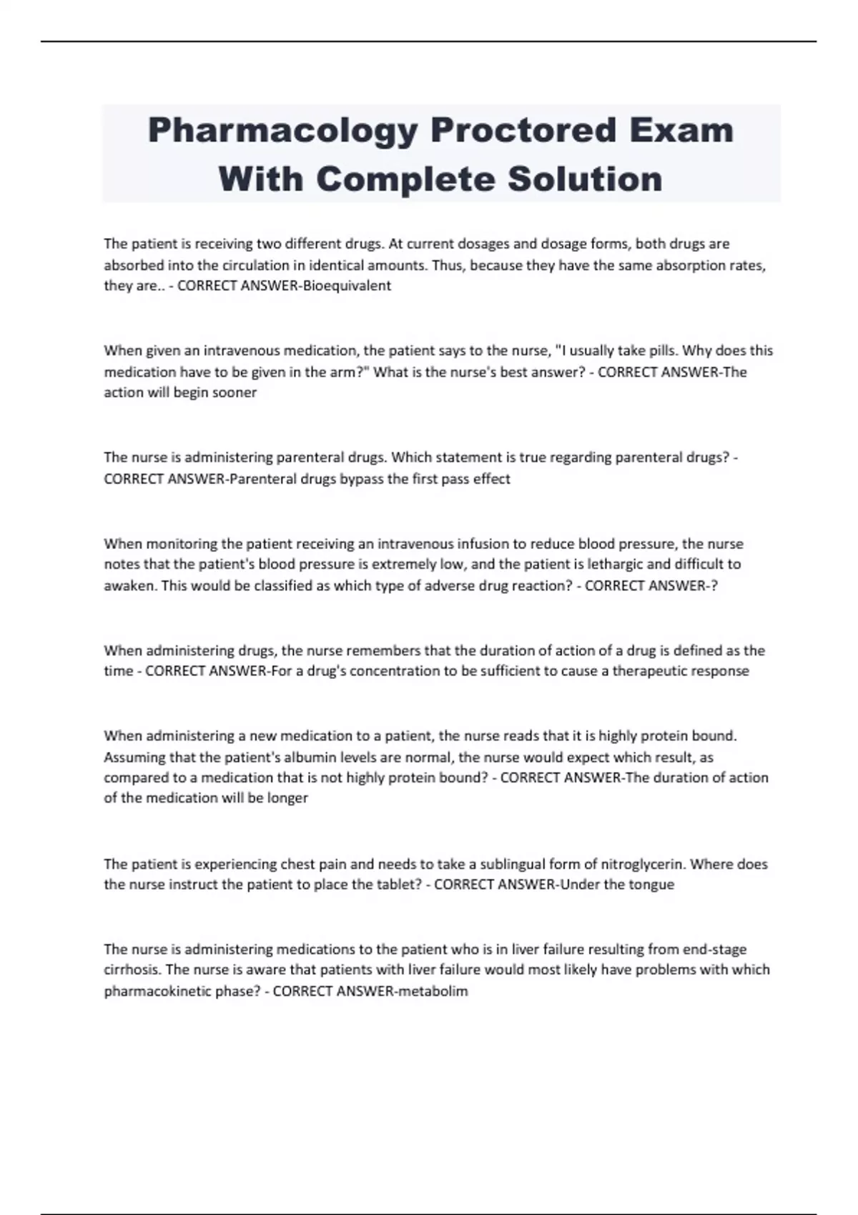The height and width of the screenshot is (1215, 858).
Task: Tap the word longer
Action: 287,798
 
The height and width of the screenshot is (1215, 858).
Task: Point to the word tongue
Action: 651,885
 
